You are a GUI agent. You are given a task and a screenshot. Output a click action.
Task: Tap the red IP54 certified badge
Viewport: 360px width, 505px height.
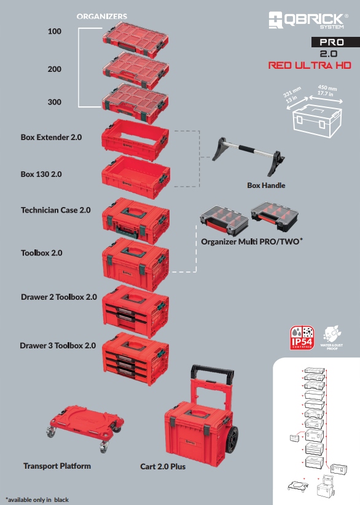[302, 340]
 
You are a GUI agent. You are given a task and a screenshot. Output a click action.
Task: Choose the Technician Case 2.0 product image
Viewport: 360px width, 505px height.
[136, 219]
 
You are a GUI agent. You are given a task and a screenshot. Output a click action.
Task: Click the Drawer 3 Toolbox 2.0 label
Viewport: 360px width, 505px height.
[58, 346]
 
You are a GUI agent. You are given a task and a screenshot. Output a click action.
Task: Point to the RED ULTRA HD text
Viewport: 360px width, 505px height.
[309, 65]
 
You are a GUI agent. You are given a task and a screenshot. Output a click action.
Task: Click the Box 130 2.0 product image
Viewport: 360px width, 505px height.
[136, 174]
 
